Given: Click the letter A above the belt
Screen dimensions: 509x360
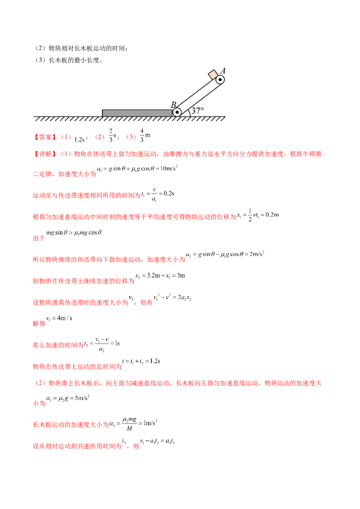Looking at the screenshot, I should [223, 71].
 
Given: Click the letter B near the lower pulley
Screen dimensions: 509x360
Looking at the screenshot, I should [173, 105].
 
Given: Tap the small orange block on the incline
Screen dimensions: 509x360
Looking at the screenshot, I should [212, 74].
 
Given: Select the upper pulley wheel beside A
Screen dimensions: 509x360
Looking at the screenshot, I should [220, 80].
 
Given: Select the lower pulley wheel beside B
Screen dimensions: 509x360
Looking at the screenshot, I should [177, 112].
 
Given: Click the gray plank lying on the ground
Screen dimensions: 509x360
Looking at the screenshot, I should [137, 113].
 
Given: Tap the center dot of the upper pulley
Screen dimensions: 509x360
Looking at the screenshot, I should [220, 80].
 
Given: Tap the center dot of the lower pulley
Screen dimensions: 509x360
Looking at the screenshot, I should [177, 112].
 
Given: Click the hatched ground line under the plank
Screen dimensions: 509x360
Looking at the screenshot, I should [130, 119].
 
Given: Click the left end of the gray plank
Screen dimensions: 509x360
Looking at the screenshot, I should [103, 113].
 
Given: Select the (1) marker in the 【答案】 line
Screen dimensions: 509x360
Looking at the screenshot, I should [66, 136].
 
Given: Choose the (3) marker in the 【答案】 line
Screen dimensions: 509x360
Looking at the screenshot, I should [131, 136].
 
